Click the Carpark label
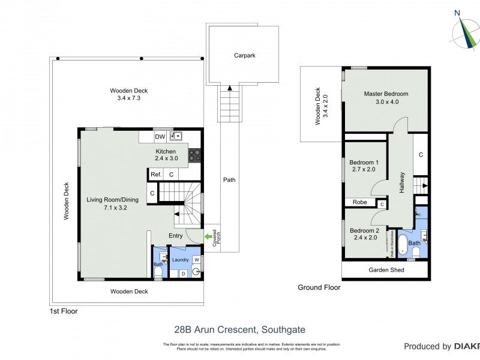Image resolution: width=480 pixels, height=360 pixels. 244,55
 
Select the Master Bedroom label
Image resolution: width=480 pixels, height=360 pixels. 386,94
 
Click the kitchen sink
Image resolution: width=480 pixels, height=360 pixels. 176,137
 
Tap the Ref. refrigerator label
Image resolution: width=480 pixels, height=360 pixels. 156,175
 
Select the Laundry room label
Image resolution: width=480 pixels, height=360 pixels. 181,260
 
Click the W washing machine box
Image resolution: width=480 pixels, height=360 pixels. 196,260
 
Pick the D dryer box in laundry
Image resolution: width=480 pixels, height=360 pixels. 183,274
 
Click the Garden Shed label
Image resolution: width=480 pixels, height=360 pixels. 386,270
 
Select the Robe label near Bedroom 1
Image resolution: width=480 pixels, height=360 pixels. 359,202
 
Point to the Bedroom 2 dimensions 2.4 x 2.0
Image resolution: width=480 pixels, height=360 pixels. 364,238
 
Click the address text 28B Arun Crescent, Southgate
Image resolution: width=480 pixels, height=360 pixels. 239,329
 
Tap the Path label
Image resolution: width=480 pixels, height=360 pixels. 229,179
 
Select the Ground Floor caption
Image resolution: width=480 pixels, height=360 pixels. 319,287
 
